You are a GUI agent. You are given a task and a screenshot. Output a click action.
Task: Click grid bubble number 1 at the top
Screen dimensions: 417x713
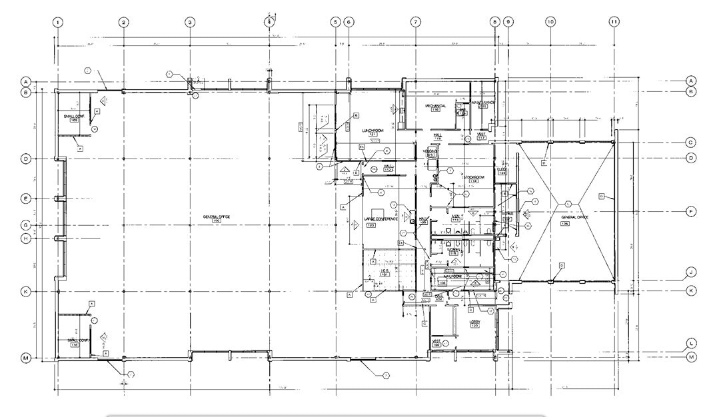pos(59,22)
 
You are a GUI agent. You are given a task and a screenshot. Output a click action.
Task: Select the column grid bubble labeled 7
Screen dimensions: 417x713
pos(414,22)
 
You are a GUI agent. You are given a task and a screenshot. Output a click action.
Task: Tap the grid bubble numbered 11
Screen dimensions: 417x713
pos(614,22)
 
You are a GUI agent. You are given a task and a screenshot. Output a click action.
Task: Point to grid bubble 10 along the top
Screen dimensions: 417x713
pos(550,22)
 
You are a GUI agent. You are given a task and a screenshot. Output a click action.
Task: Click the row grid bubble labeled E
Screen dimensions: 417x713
pos(27,199)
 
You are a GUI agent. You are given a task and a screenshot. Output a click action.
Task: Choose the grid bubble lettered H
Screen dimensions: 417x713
pos(27,238)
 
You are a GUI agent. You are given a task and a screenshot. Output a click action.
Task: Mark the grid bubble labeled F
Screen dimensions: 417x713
pos(691,211)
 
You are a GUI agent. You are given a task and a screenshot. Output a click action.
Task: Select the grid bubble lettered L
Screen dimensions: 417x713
pos(691,343)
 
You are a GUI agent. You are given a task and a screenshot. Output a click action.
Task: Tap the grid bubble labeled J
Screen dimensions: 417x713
pos(691,272)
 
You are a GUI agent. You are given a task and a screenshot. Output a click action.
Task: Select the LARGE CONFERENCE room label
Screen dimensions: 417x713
pos(381,219)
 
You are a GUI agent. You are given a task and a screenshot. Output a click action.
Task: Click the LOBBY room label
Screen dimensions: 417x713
pos(474,321)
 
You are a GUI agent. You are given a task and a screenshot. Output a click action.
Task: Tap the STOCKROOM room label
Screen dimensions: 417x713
pos(473,177)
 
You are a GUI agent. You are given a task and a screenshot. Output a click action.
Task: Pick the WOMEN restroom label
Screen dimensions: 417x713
pos(453,250)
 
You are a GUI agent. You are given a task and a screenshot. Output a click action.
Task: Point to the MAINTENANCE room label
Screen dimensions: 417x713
pos(482,103)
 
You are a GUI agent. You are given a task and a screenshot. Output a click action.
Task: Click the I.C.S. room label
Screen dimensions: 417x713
pos(384,270)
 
